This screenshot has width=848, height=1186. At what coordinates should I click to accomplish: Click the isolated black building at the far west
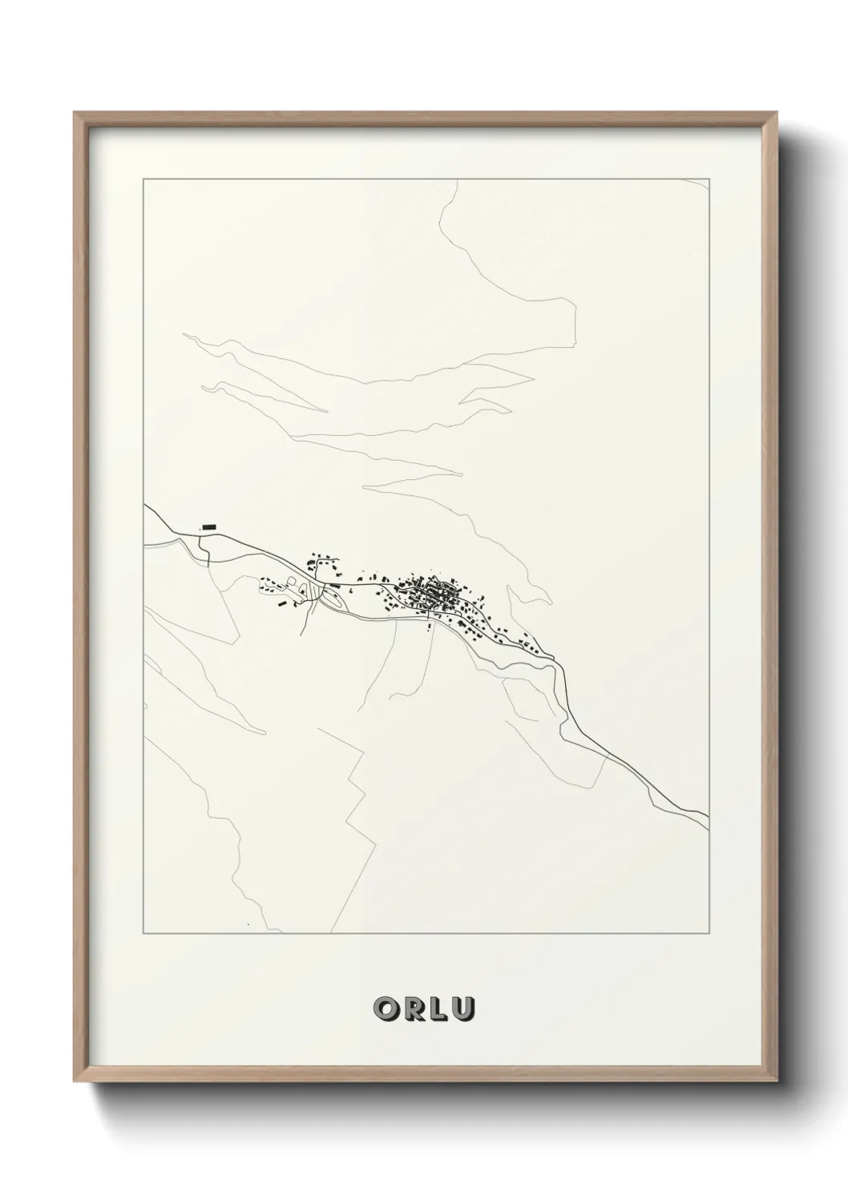click(x=209, y=526)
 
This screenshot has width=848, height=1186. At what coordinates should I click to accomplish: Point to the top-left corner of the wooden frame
click(x=75, y=113)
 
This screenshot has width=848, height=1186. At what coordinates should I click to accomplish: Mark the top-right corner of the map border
click(x=708, y=179)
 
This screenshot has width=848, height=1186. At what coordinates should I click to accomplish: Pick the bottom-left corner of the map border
click(x=143, y=934)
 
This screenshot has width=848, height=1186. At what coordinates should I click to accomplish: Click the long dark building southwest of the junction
click(x=280, y=603)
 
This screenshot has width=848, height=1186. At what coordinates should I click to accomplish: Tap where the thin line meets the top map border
click(x=456, y=180)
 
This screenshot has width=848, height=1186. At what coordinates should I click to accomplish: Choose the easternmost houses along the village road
click(x=529, y=643)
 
